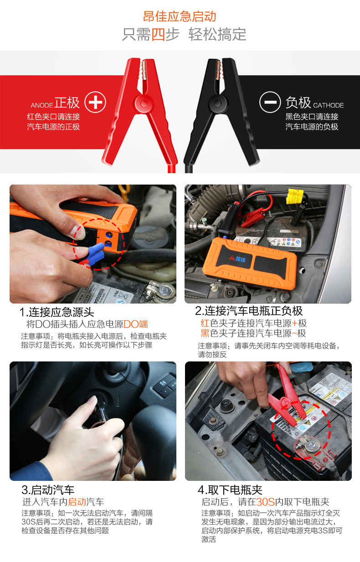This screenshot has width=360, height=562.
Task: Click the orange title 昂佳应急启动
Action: tap(180, 17)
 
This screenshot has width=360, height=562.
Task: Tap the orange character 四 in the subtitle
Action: tap(158, 34)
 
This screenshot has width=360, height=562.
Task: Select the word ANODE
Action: tap(42, 105)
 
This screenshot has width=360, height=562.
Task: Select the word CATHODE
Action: tap(328, 105)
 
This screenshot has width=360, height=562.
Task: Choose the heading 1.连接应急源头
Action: tap(57, 312)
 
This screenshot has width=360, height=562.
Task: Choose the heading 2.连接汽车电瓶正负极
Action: tap(249, 311)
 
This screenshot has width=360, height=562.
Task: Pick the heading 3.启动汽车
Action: tap(48, 490)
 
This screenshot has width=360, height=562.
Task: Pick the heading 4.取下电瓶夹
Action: tap(230, 490)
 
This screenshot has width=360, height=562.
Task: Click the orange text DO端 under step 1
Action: tap(136, 324)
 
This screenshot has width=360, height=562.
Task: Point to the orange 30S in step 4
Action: tap(265, 502)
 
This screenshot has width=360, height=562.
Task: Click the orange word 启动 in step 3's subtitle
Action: tap(77, 502)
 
